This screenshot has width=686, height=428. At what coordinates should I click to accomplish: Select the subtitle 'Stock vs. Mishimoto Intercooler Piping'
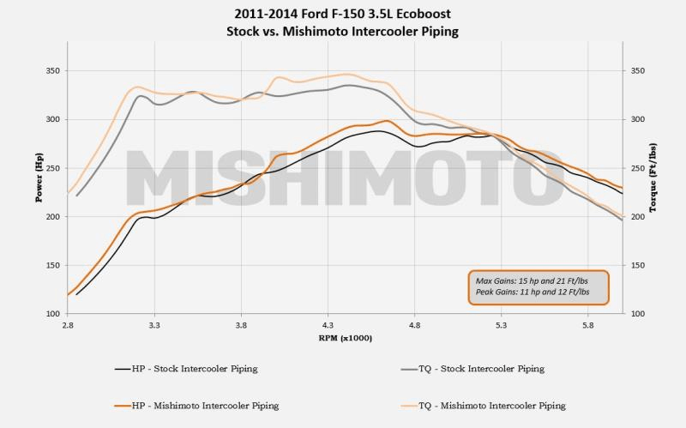342,33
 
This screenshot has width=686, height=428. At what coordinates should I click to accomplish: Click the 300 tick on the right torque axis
635,120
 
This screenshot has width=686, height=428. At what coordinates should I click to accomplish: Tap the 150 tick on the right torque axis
635,265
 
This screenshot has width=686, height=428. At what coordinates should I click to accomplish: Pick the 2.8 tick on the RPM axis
67,327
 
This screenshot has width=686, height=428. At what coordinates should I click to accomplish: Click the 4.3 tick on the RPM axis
328,327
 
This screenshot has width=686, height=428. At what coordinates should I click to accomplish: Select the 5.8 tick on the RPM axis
588,327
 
